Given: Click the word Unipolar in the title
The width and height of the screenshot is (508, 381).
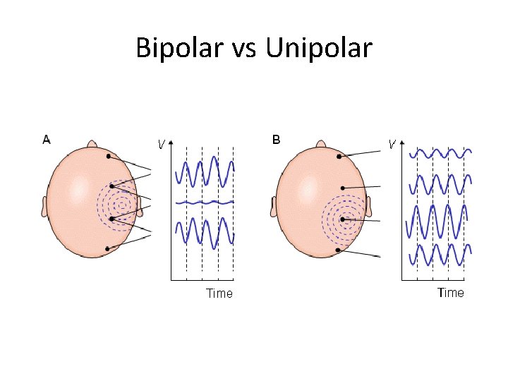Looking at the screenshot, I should pos(320,49).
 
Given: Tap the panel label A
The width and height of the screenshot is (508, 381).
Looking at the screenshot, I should pos(47,139).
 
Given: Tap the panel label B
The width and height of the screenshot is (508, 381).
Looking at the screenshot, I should pos(276,139).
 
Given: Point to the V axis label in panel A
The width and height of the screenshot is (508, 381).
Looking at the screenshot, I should pos(162,145).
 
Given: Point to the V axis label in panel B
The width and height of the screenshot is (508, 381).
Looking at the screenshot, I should pos(391,144).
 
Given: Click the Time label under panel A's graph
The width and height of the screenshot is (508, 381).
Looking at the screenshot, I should pos(219,293).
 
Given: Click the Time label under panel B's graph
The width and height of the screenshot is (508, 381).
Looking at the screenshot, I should pos(450,292).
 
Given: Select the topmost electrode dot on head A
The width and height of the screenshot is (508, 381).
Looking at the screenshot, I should pos(109,156).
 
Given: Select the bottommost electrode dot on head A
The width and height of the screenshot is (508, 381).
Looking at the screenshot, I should pos(107,248).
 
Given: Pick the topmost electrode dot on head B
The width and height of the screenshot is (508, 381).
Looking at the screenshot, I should pos(339,156).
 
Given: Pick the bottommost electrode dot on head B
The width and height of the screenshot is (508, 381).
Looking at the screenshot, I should pos(339,250).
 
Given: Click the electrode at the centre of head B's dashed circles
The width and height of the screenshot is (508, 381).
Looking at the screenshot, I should pos(343,219).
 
